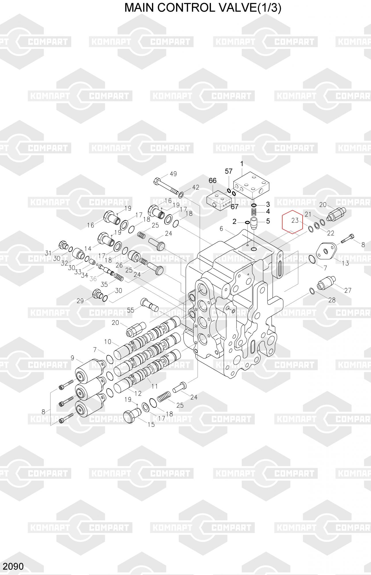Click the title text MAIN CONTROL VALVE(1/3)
[x=203, y=8]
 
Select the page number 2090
[x=13, y=566]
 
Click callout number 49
[x=173, y=174]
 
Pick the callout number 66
[x=212, y=181]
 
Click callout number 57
[x=228, y=171]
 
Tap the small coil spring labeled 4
[x=254, y=212]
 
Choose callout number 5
[x=268, y=221]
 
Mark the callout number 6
[x=221, y=229]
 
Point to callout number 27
[x=348, y=290]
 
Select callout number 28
[x=332, y=300]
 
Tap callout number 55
[x=130, y=310]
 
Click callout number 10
[x=107, y=342]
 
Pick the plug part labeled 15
[x=132, y=416]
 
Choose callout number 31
[x=48, y=253]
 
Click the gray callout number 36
[x=93, y=278]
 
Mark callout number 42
[x=195, y=187]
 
